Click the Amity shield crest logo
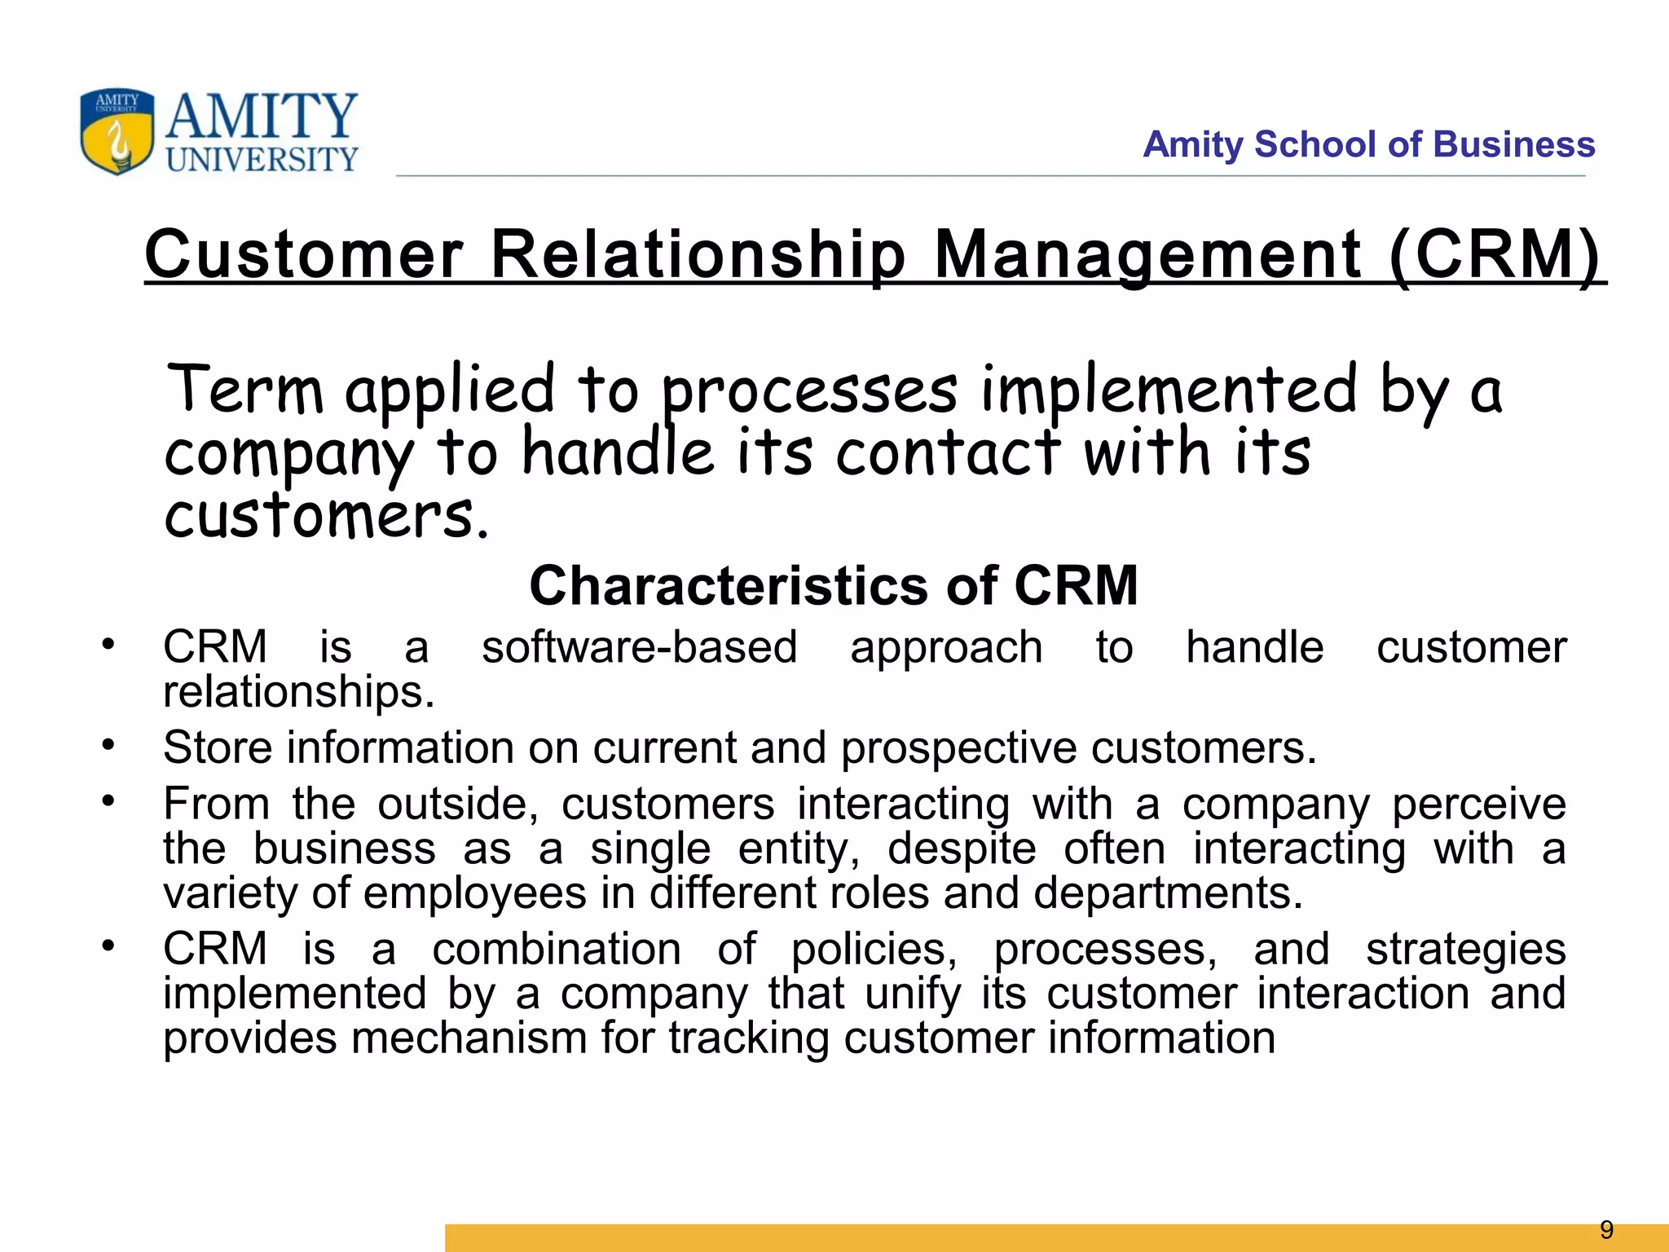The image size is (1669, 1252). [117, 131]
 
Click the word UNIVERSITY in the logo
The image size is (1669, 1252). [262, 160]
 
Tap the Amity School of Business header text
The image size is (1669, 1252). [1368, 144]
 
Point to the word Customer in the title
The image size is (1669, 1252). [304, 254]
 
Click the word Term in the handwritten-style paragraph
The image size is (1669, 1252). [245, 390]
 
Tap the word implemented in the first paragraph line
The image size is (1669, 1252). [1169, 390]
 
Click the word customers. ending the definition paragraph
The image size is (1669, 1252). [326, 518]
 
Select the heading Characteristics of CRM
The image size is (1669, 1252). [833, 585]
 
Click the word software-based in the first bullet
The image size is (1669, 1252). [639, 648]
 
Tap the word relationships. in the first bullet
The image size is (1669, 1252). [298, 692]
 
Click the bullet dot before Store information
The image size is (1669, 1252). [108, 744]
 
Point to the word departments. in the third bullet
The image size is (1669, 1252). [1168, 893]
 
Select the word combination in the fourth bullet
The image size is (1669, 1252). [557, 950]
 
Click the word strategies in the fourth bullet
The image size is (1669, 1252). [1465, 950]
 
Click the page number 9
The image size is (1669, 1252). [1606, 1229]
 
